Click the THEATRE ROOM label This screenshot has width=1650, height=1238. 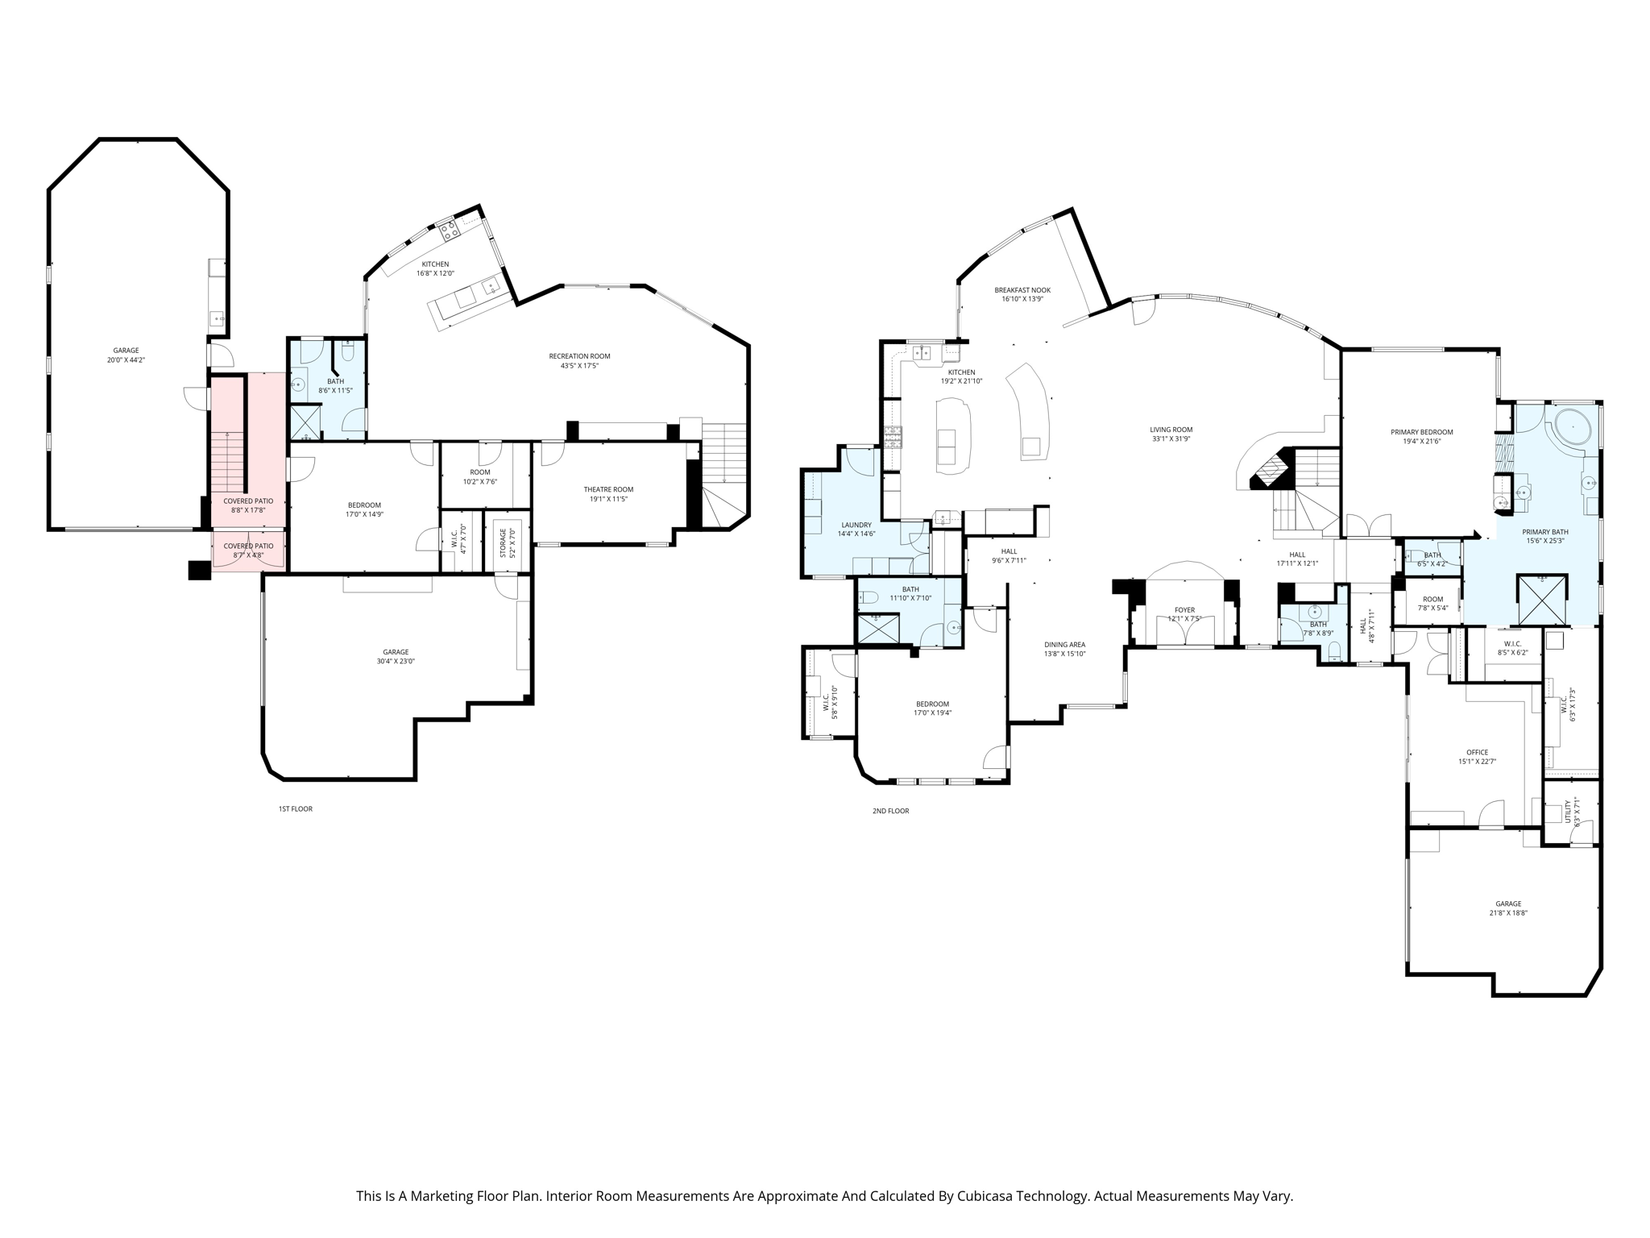tap(608, 489)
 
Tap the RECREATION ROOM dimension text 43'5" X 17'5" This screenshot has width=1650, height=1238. tap(579, 366)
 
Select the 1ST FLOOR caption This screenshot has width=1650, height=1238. tap(296, 808)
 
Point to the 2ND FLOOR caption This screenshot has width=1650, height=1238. tap(890, 811)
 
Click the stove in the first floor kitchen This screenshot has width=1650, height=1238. tap(449, 231)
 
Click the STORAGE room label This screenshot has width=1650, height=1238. tap(503, 543)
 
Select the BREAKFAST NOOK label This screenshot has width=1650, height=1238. tap(1022, 290)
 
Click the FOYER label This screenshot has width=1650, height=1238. tap(1184, 610)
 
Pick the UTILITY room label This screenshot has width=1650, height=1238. tap(1568, 811)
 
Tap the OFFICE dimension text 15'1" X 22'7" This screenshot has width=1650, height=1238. tap(1477, 762)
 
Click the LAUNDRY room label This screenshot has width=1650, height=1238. tap(856, 525)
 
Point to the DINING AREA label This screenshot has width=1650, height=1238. tap(1064, 645)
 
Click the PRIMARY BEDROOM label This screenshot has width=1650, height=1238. tap(1421, 432)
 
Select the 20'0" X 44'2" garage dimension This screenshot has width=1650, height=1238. tap(126, 360)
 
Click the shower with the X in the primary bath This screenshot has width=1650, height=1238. tap(1542, 599)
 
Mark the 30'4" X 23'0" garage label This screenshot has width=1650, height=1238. tap(396, 661)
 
